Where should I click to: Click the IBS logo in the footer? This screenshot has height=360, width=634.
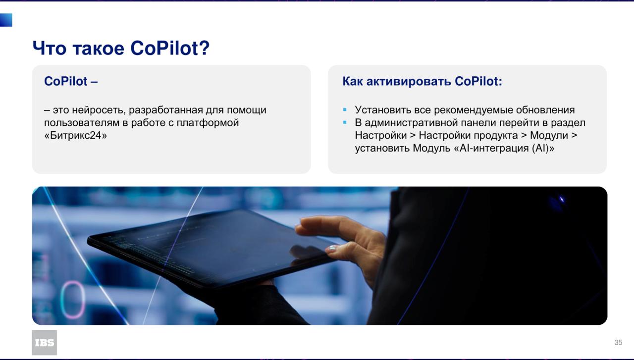coord(44,343)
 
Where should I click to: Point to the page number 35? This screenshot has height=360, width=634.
coord(618,343)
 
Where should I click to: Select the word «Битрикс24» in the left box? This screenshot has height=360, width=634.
coord(76,135)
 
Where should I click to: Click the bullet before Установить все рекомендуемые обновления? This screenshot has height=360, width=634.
coord(345,109)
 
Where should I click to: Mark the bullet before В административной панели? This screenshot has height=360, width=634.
coord(345,122)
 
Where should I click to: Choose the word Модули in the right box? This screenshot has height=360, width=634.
coord(549,136)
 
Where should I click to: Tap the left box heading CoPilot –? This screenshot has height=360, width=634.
coord(71,81)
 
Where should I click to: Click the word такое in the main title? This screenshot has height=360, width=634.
coord(99,49)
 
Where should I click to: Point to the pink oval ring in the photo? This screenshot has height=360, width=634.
coord(73,300)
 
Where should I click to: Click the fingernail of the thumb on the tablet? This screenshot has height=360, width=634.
coord(331,249)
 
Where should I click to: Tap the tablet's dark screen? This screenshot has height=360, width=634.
coord(215,244)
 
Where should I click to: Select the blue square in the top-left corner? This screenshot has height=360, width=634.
coord(6,20)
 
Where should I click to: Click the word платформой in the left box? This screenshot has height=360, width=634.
coord(208,123)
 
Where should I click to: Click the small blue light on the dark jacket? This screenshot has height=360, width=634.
coord(562,200)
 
